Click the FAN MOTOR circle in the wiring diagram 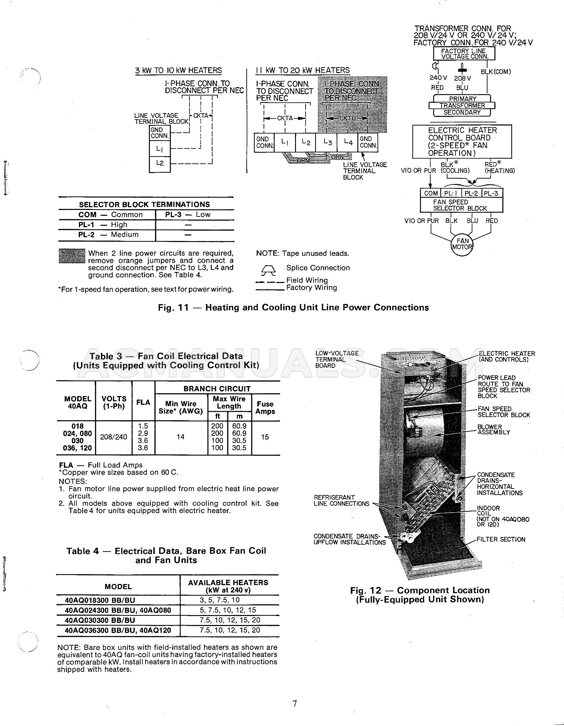462,244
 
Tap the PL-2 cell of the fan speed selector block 472,193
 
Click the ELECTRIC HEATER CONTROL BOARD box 462,142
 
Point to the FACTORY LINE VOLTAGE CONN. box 464,54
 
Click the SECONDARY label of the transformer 462,112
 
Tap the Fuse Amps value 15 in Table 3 265,437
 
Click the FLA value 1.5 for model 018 143,426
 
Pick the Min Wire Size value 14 181,437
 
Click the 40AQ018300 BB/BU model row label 100,600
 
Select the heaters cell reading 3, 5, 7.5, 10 228,600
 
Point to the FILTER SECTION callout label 501,540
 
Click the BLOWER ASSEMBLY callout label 493,430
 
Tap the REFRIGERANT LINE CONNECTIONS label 341,501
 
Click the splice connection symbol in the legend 268,271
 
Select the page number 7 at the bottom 295,704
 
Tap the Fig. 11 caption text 294,307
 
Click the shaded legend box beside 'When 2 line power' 72,256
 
